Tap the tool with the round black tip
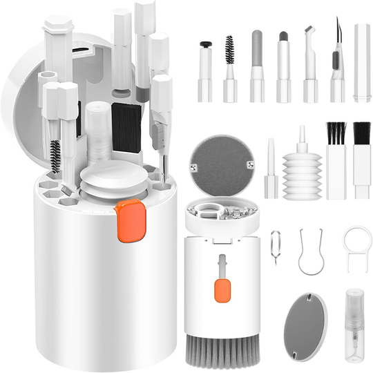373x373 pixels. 205,69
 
